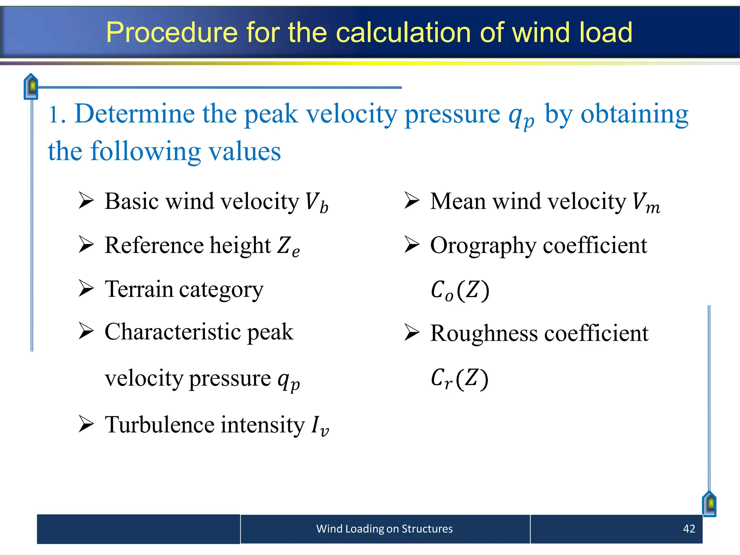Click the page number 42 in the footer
[689, 529]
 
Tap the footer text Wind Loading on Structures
[384, 529]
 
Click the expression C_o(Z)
[460, 291]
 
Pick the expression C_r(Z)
[459, 379]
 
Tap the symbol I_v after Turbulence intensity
[320, 426]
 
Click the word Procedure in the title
[172, 33]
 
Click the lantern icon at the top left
[31, 86]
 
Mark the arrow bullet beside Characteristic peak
[86, 331]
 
